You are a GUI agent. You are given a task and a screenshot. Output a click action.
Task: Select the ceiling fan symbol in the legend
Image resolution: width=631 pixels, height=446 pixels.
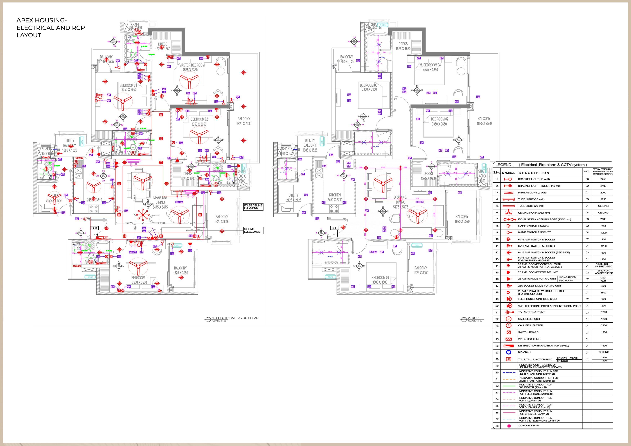point(508,212)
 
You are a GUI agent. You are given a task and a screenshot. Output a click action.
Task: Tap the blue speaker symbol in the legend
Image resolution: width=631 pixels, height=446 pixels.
point(508,352)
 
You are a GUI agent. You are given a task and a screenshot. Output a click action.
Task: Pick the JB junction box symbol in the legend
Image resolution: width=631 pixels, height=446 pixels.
point(508,359)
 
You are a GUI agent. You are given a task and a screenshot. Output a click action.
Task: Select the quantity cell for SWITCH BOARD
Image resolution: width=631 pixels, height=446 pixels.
point(587,332)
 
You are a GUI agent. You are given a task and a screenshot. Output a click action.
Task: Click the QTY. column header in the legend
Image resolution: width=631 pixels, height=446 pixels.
point(587,171)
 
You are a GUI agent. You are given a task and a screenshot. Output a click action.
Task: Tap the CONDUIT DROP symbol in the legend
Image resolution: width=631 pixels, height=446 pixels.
point(509,426)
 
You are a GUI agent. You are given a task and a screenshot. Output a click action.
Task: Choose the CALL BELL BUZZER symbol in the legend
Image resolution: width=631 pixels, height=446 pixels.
point(508,325)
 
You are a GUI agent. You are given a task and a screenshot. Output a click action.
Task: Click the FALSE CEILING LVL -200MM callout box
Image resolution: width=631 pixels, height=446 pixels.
point(253,207)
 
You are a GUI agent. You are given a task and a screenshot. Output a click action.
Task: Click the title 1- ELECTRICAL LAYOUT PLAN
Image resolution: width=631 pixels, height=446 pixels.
point(235,318)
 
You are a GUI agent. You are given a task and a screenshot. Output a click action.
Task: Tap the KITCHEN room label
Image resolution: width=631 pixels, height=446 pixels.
point(335,195)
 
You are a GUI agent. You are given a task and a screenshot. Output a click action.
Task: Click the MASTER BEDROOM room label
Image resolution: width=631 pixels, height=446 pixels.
point(192,65)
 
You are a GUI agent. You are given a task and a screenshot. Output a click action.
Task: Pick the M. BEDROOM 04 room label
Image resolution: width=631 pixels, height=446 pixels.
point(430,65)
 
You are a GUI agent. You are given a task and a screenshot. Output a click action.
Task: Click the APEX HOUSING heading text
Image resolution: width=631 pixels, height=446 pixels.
point(41,20)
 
